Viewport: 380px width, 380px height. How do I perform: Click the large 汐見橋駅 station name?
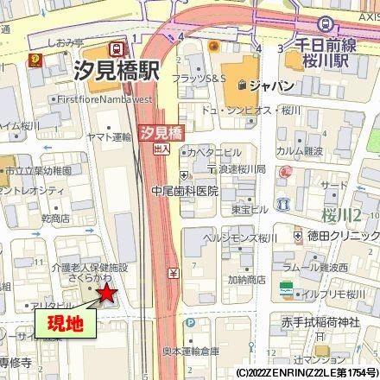point(117,73)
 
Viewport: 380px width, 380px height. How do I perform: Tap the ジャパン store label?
point(270,85)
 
